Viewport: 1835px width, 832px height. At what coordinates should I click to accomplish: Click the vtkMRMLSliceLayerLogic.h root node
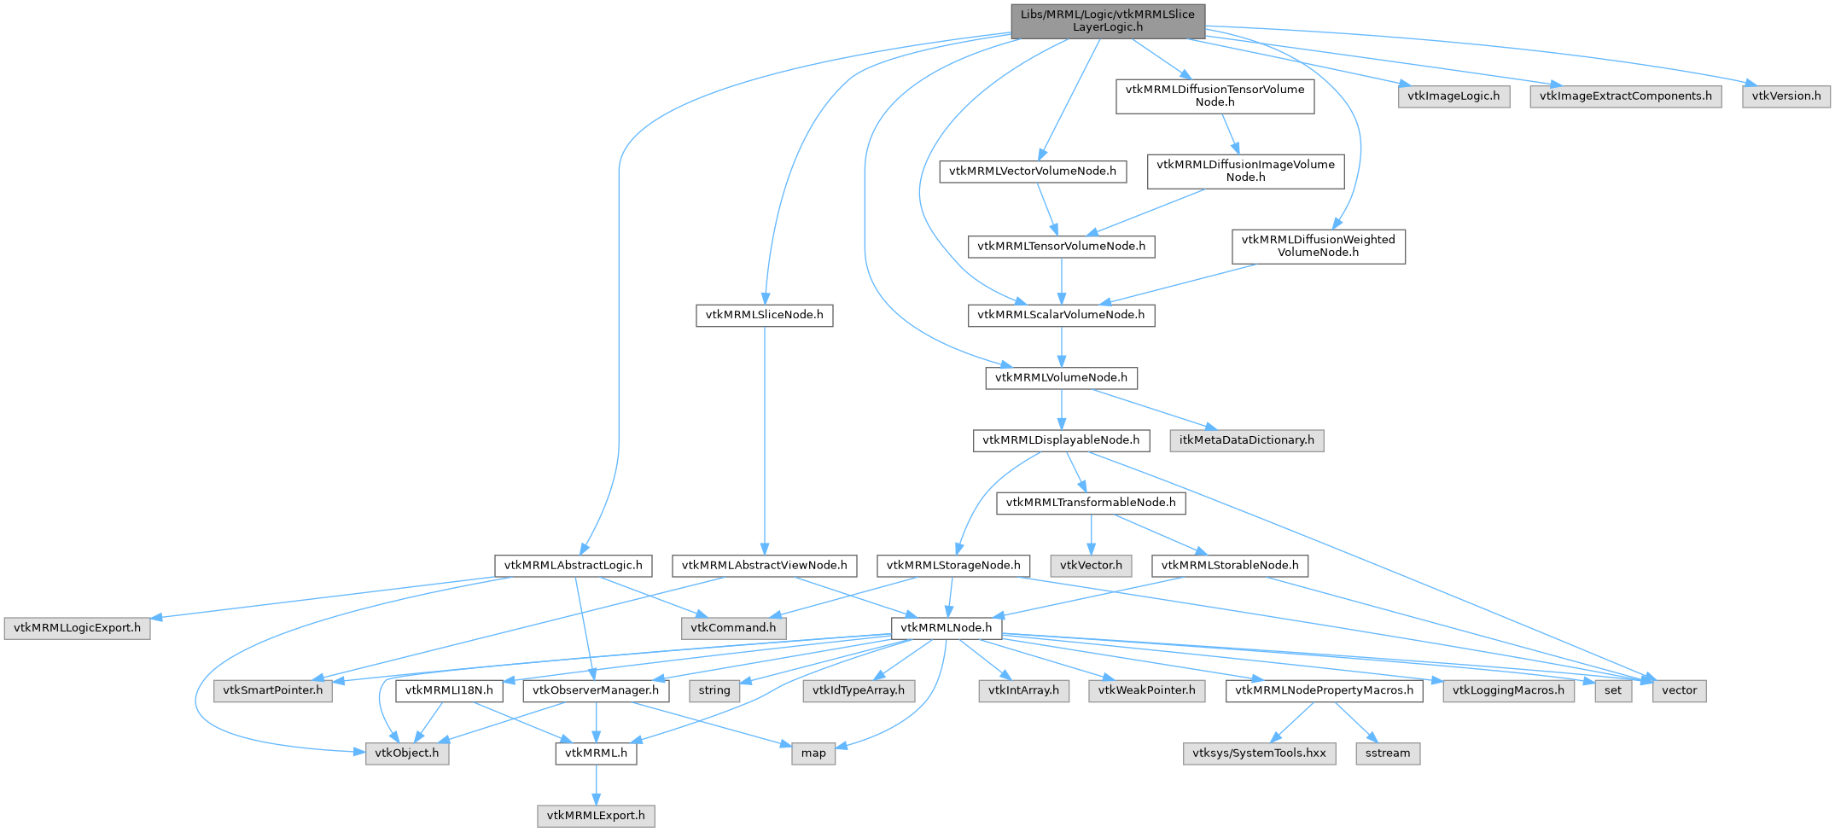point(1108,20)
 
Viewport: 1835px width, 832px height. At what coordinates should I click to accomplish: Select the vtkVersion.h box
point(1785,96)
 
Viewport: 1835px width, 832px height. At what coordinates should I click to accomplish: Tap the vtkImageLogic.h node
point(1453,96)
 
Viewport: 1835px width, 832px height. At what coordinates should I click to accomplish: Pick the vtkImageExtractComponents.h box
point(1625,96)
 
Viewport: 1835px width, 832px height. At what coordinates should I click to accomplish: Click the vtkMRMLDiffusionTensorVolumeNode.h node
point(1215,96)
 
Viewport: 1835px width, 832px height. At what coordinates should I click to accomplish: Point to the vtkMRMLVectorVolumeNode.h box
point(1032,171)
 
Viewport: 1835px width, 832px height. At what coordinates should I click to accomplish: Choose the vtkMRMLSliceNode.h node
point(764,315)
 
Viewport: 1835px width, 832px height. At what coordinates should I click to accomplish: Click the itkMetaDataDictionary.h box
point(1246,440)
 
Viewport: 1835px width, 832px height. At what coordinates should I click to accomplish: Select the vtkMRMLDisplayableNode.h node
point(1060,440)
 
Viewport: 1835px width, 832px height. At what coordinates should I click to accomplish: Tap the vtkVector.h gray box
point(1091,565)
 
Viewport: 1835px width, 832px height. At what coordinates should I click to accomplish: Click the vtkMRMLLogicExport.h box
point(77,628)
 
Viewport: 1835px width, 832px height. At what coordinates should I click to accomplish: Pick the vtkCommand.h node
point(733,628)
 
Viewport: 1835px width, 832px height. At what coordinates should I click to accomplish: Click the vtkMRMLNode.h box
point(946,628)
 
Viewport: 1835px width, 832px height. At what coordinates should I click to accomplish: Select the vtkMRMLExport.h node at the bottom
point(596,816)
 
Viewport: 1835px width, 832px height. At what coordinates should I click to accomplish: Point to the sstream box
point(1387,753)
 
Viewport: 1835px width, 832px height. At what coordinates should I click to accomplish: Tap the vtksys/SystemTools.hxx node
point(1259,753)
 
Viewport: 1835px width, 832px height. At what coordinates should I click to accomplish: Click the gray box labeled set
point(1612,690)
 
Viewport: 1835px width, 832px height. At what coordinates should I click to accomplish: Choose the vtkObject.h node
point(407,753)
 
